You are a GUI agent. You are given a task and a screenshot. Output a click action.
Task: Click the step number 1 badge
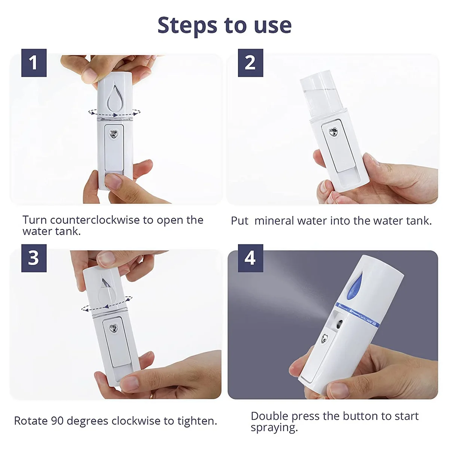[34, 63]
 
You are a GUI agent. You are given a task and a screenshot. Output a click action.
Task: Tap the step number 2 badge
[250, 63]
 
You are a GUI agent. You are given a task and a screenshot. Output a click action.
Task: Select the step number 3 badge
[34, 258]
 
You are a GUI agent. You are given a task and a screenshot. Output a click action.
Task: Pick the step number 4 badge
[250, 258]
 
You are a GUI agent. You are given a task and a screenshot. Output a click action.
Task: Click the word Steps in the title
[187, 25]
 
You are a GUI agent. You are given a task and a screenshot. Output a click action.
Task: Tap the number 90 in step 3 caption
[55, 421]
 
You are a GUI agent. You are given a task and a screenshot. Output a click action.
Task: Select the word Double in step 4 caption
[269, 416]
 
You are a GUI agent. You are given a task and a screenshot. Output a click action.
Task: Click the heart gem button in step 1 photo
[114, 134]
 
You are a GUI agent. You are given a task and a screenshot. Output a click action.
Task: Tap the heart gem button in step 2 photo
[333, 132]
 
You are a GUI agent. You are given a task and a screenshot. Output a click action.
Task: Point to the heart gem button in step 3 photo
[113, 328]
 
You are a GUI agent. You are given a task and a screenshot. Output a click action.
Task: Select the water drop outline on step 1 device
[114, 97]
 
